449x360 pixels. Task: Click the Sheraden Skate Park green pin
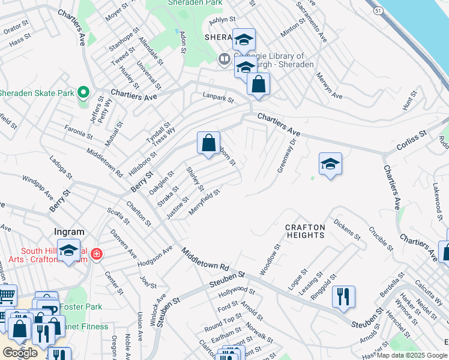pyautogui.click(x=83, y=93)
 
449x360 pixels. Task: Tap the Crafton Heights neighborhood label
pyautogui.click(x=304, y=231)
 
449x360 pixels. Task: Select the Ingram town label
pyautogui.click(x=69, y=232)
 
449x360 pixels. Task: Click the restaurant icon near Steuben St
pyautogui.click(x=343, y=296)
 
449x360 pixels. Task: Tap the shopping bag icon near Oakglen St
pyautogui.click(x=208, y=143)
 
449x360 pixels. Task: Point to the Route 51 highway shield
pyautogui.click(x=377, y=11)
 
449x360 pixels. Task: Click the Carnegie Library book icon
pyautogui.click(x=224, y=59)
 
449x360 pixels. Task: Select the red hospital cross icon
pyautogui.click(x=95, y=255)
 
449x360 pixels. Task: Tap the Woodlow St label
pyautogui.click(x=270, y=259)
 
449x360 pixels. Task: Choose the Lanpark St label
pyautogui.click(x=217, y=96)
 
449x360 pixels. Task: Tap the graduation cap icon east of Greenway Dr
pyautogui.click(x=330, y=164)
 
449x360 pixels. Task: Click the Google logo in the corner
pyautogui.click(x=20, y=352)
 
